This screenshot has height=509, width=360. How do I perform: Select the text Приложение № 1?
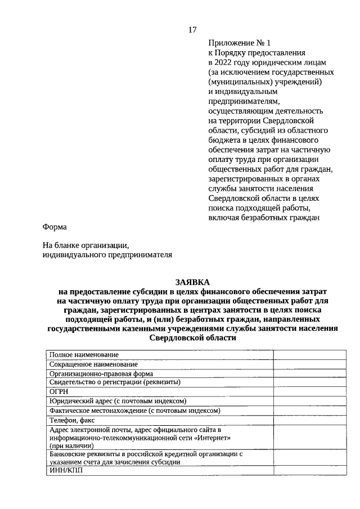[x=239, y=43]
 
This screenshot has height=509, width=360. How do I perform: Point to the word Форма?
[x=55, y=227]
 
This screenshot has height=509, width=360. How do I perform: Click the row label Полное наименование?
[x=84, y=354]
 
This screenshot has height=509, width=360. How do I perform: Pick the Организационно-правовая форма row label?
[x=101, y=373]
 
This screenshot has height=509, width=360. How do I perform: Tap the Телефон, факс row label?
[x=73, y=420]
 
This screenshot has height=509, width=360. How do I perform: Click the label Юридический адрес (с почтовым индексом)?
[x=118, y=400]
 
